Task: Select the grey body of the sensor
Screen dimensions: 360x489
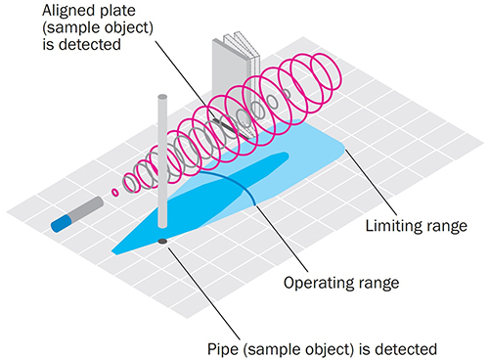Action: click(87, 208)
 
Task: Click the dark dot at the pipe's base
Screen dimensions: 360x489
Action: click(162, 239)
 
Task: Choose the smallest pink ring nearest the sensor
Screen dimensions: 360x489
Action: click(116, 193)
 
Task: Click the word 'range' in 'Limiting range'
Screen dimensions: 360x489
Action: click(444, 227)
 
